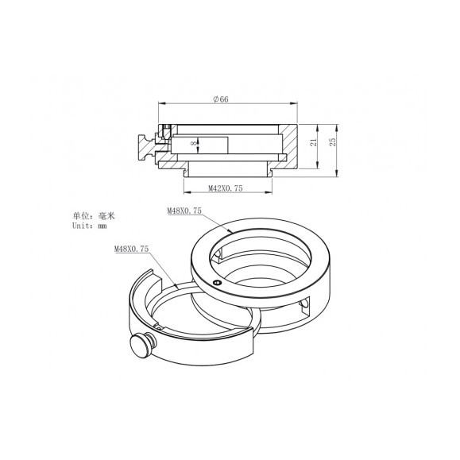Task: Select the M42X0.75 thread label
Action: pos(225,189)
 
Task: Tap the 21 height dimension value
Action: pos(314,141)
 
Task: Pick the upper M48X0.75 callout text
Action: pos(184,211)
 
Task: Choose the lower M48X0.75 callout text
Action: pos(131,249)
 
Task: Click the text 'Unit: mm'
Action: pos(90,226)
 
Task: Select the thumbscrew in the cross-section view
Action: pos(145,147)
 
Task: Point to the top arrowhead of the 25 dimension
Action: pos(335,126)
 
